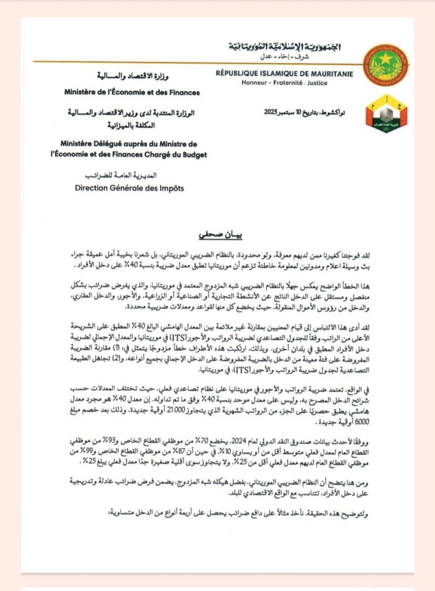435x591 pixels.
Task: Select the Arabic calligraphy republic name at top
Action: pos(285,47)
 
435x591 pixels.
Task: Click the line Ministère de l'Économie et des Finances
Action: pos(132,92)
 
